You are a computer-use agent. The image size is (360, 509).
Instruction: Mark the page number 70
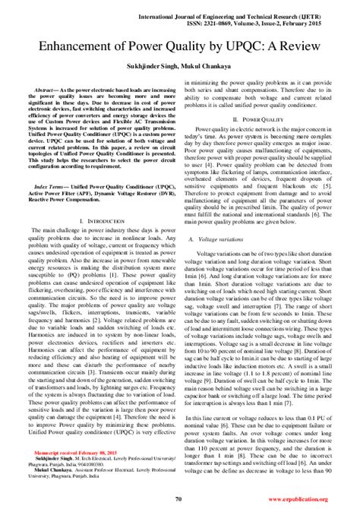178,498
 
